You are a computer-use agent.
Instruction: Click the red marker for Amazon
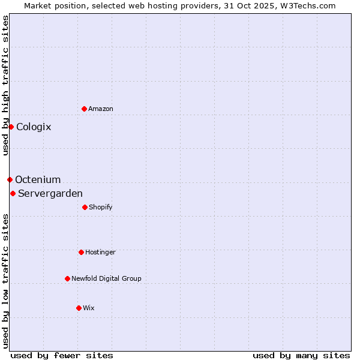pyautogui.click(x=84, y=109)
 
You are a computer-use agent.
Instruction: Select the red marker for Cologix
pyautogui.click(x=11, y=127)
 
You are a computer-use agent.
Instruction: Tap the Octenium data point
pyautogui.click(x=10, y=179)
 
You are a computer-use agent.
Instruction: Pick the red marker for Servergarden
pyautogui.click(x=13, y=193)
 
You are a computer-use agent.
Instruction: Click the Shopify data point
pyautogui.click(x=85, y=207)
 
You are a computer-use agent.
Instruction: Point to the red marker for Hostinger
pyautogui.click(x=81, y=252)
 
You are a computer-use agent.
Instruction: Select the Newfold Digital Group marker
pyautogui.click(x=67, y=278)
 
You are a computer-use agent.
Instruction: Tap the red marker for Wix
pyautogui.click(x=79, y=308)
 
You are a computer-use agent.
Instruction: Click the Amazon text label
pyautogui.click(x=101, y=109)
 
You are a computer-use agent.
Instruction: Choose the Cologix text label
pyautogui.click(x=34, y=127)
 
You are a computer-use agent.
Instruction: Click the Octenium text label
pyautogui.click(x=38, y=179)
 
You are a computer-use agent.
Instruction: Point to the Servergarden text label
pyautogui.click(x=50, y=193)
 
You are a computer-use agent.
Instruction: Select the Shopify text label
pyautogui.click(x=101, y=207)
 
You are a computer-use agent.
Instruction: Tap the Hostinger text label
pyautogui.click(x=100, y=252)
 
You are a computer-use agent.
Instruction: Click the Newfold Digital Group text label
pyautogui.click(x=106, y=278)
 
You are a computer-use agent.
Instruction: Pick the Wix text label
pyautogui.click(x=89, y=308)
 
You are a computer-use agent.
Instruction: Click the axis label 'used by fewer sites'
pyautogui.click(x=62, y=355)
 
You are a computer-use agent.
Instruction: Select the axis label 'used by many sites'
pyautogui.click(x=301, y=355)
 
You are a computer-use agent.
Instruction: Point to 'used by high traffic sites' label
pyautogui.click(x=5, y=85)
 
